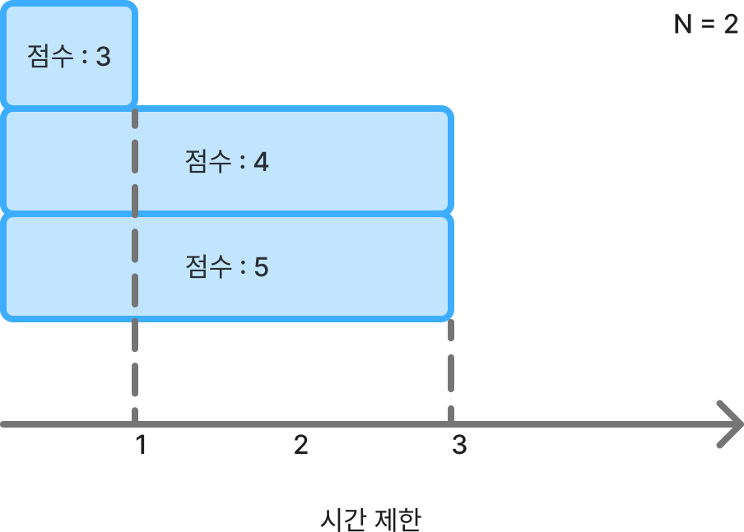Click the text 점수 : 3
[69, 58]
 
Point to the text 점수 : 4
[227, 161]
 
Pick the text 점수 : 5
[227, 267]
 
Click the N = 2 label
[706, 25]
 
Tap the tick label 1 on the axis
[142, 446]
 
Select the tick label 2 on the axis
[301, 446]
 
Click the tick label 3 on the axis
[459, 446]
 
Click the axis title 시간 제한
[371, 520]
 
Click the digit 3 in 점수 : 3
[103, 58]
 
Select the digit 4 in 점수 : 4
[261, 161]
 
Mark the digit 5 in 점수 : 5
[261, 267]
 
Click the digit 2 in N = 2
[731, 25]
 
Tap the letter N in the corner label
[682, 25]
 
